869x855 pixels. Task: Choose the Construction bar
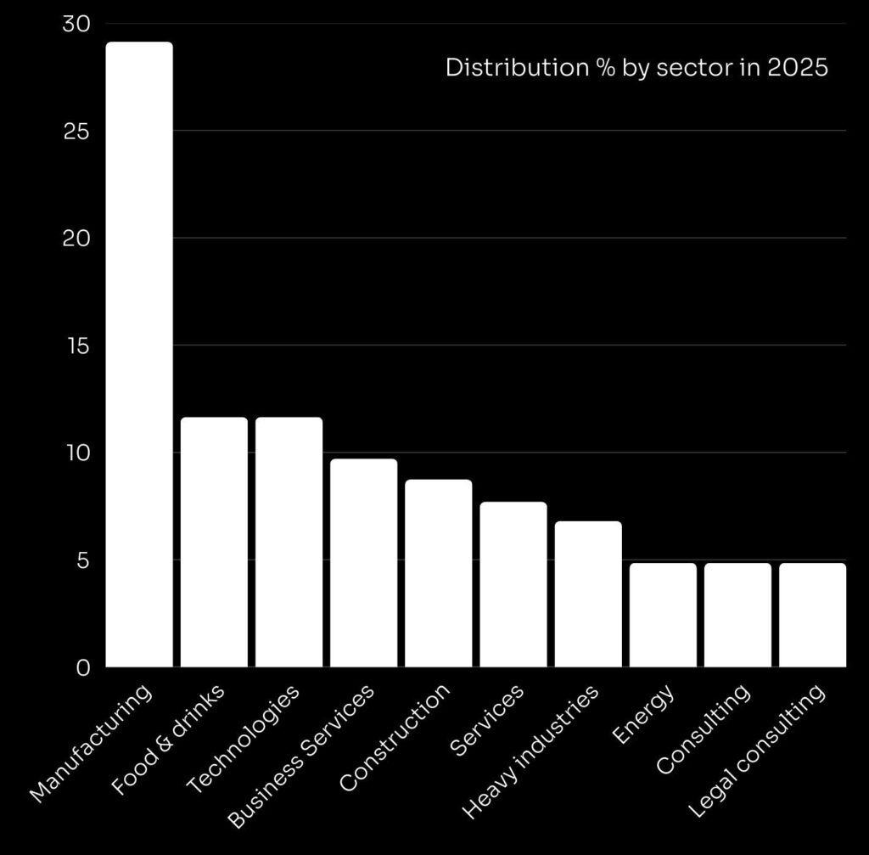(x=438, y=573)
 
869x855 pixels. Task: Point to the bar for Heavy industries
(x=588, y=593)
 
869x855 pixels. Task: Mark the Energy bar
(x=663, y=615)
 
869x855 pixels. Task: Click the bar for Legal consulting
(x=812, y=615)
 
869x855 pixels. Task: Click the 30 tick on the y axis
(x=76, y=25)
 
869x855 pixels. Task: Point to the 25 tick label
(x=76, y=132)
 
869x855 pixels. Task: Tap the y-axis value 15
(x=76, y=346)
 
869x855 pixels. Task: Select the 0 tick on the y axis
(x=81, y=668)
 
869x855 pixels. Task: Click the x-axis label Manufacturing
(x=92, y=742)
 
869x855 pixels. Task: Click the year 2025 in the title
(x=797, y=68)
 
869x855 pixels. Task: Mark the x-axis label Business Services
(x=302, y=756)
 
